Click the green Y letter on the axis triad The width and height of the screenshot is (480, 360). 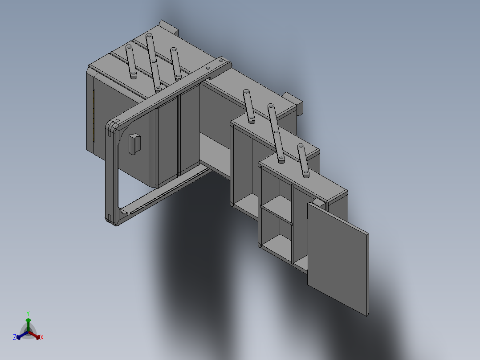tap(28, 313)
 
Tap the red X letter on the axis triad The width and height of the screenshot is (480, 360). tap(41, 338)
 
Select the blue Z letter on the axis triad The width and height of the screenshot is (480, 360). tap(15, 338)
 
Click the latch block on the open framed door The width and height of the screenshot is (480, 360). tap(133, 143)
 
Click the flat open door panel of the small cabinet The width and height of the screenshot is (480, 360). tap(338, 258)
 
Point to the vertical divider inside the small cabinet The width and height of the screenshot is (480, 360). tap(293, 223)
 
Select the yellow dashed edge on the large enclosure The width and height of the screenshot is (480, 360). tap(94, 116)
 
